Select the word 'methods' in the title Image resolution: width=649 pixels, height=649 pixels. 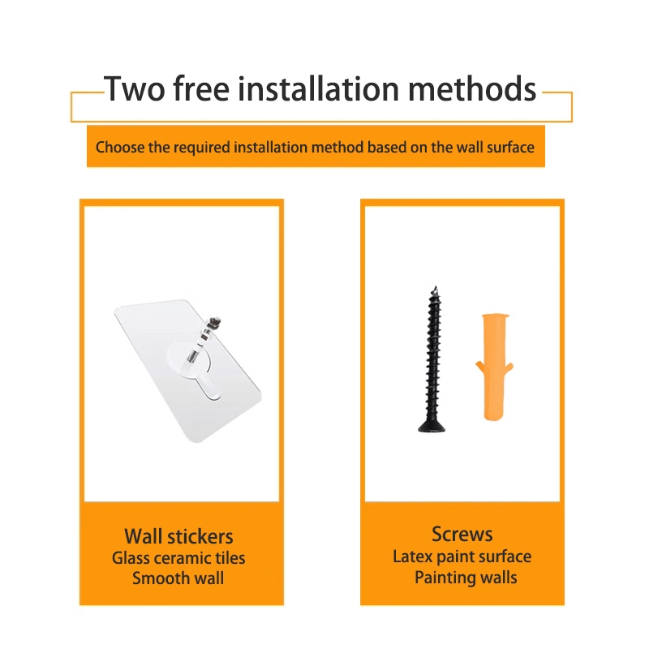point(472,88)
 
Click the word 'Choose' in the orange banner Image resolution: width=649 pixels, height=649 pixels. point(120,148)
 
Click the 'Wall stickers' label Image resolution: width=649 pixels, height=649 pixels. point(178,536)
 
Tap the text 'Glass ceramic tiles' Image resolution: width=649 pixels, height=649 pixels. point(178,558)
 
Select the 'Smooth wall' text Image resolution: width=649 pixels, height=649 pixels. point(178,578)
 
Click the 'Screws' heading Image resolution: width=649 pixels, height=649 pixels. point(462,535)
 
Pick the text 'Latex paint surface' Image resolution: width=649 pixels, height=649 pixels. point(462,557)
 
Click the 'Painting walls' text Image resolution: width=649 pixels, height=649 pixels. point(466,578)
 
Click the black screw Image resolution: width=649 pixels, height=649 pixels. point(432,359)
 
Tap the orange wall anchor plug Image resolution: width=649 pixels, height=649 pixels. point(494,367)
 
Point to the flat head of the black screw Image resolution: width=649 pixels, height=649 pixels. point(432,427)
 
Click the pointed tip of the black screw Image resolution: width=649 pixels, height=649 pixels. point(435,287)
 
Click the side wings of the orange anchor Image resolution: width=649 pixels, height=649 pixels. point(494,368)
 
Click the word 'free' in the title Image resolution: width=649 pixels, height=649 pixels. point(201,88)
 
